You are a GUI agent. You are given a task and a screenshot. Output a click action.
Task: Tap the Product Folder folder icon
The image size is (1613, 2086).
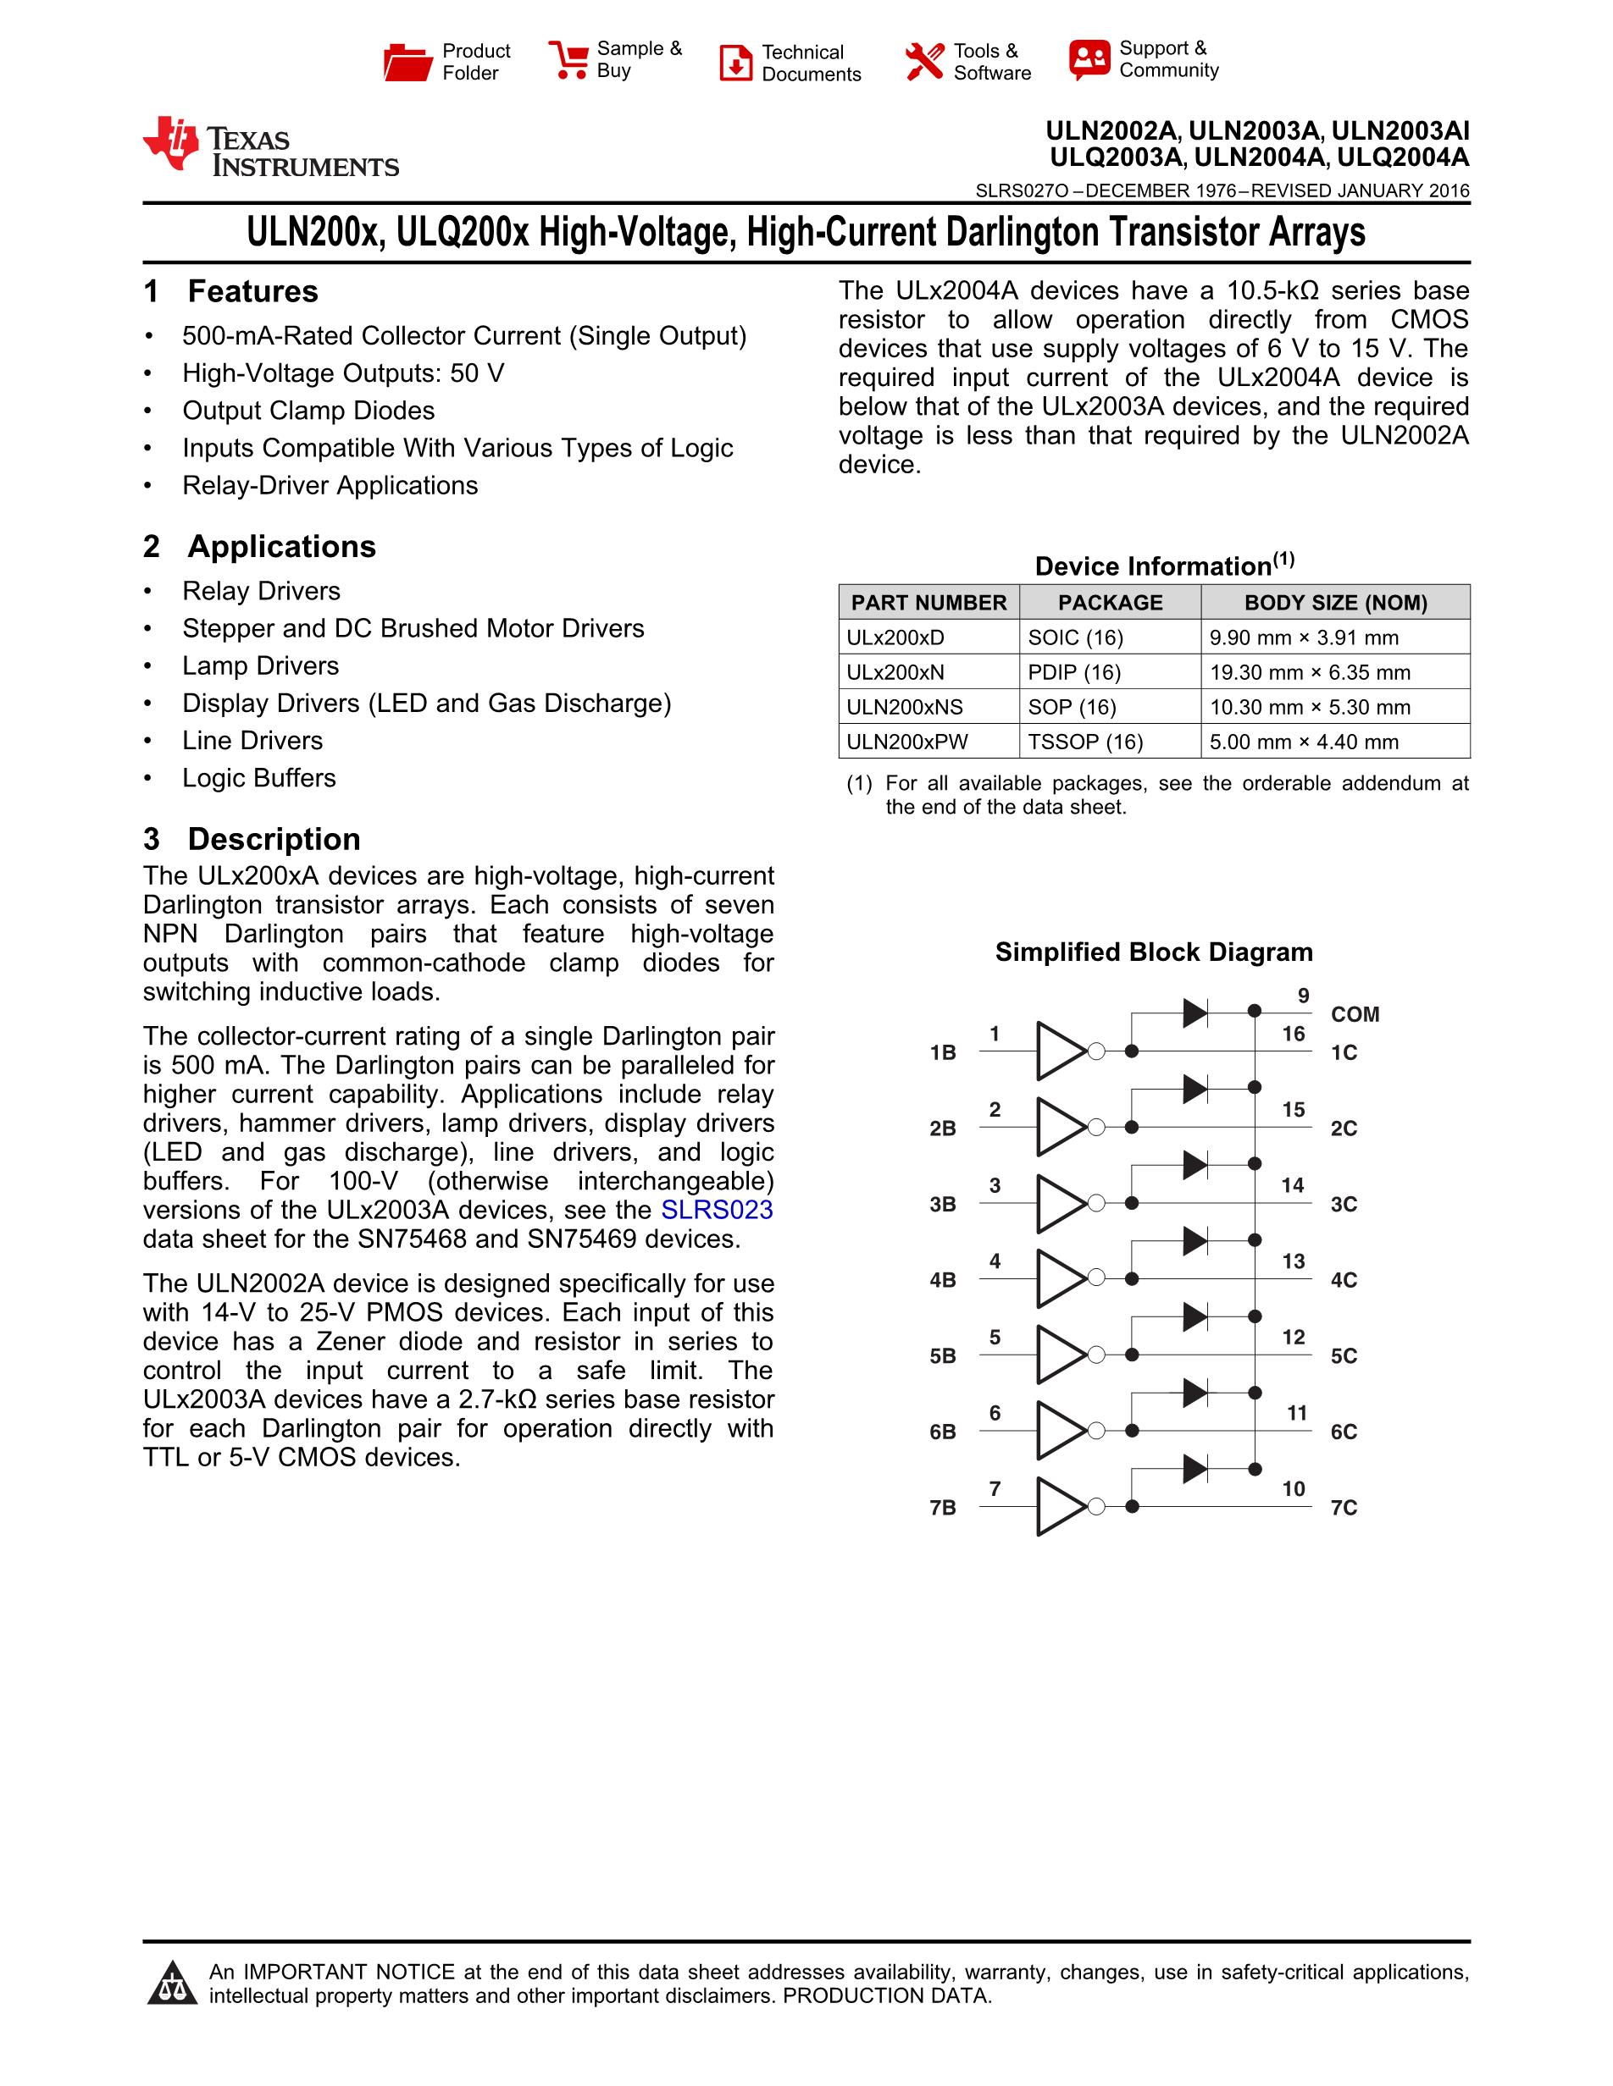tap(408, 62)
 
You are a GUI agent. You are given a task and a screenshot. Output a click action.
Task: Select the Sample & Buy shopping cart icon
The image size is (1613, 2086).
tap(568, 59)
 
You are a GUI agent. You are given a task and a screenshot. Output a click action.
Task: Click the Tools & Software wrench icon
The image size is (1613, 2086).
tap(924, 62)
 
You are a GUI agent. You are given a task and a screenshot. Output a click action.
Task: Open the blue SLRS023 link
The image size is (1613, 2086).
tap(717, 1210)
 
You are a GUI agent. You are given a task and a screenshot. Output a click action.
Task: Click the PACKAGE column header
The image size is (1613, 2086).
tap(1110, 603)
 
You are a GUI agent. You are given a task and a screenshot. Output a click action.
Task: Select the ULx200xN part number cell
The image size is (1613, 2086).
tap(895, 672)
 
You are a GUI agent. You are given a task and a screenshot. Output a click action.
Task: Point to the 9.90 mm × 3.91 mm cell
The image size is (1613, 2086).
tap(1304, 638)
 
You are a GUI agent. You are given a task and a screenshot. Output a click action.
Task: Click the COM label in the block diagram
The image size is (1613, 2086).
tap(1355, 1014)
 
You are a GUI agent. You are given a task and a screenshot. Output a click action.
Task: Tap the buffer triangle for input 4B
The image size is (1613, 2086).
tap(1061, 1279)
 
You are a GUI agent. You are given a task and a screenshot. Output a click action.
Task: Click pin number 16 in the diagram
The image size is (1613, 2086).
tap(1293, 1035)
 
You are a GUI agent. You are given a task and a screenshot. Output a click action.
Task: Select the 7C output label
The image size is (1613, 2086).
tap(1344, 1508)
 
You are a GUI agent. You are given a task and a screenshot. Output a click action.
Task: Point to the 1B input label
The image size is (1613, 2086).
tap(942, 1052)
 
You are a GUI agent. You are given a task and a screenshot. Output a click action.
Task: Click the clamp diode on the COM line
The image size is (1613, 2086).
tap(1195, 1013)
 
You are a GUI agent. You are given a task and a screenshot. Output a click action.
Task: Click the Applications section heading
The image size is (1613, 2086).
tap(281, 546)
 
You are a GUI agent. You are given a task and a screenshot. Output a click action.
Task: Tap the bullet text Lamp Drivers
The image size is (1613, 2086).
tap(260, 665)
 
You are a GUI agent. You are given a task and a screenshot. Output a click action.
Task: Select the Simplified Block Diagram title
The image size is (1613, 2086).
tap(1153, 952)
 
